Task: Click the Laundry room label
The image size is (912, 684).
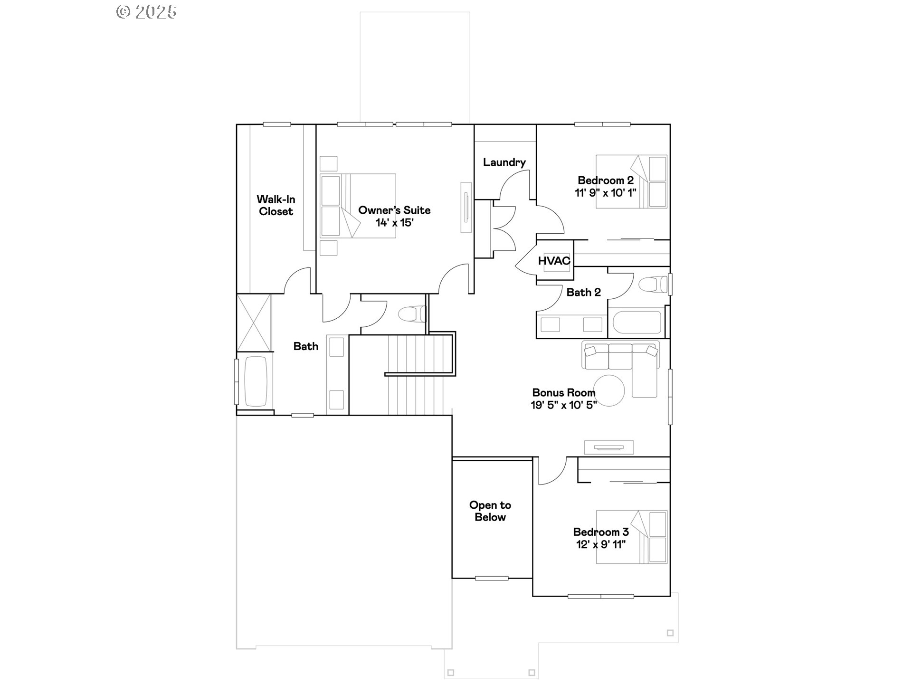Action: coord(504,162)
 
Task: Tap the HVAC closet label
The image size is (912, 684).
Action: coord(554,261)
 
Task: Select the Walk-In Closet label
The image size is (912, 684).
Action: coord(275,205)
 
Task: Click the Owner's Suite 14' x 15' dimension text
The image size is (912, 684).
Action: coord(394,222)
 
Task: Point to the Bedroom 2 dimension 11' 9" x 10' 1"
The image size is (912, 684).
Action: coord(605,193)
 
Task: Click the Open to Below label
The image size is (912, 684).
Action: coord(490,511)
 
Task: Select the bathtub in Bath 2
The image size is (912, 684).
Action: coord(636,323)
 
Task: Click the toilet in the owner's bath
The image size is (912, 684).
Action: coord(411,314)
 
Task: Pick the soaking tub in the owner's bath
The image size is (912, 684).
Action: coord(256,381)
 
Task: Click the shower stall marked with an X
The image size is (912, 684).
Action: coord(254,323)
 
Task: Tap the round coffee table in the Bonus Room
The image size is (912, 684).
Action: coord(609,390)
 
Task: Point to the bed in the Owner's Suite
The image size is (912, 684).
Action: coord(357,206)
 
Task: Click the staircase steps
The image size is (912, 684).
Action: coord(416,375)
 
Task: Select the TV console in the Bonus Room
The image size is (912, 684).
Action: coord(608,447)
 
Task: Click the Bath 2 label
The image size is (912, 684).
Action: coord(583,293)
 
